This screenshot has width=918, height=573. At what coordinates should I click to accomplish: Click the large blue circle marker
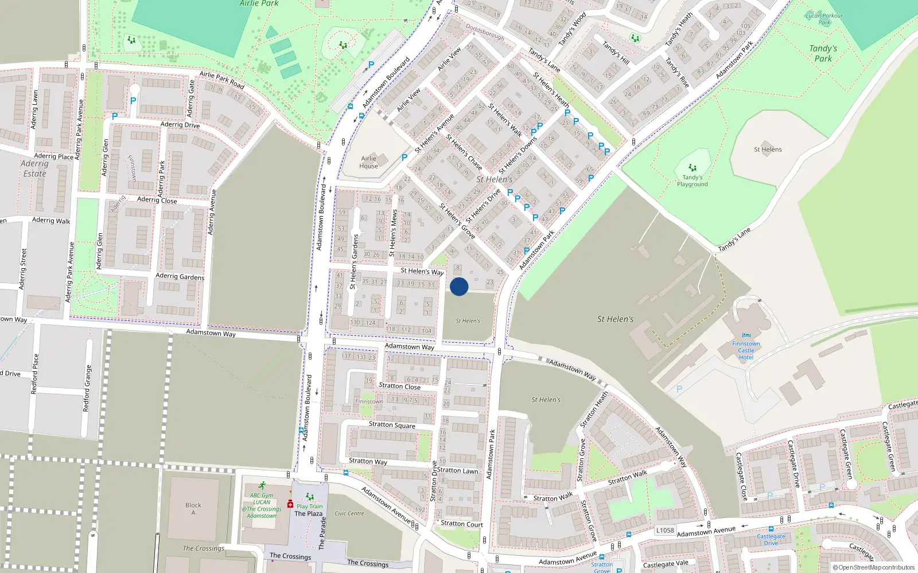459,286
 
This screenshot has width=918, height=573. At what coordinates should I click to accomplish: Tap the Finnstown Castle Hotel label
746,350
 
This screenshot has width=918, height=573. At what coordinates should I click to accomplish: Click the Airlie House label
369,162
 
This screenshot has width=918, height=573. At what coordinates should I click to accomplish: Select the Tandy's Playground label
692,181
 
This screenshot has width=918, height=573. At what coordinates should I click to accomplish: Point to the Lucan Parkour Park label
824,19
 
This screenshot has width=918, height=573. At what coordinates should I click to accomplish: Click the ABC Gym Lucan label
262,505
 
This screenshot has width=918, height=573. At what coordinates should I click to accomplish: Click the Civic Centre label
349,513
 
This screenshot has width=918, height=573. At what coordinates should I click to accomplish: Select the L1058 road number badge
665,531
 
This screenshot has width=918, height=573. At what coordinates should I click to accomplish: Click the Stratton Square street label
392,425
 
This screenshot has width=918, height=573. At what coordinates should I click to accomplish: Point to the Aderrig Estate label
34,168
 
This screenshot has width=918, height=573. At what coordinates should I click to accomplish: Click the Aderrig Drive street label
180,124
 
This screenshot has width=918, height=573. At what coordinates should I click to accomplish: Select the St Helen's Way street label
422,271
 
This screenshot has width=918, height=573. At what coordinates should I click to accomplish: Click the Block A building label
193,509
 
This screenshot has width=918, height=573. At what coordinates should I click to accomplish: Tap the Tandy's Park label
823,53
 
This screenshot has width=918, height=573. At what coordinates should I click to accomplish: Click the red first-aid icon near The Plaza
290,504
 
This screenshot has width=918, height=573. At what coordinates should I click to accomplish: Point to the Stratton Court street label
462,524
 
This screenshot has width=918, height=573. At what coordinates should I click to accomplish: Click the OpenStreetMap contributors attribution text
876,568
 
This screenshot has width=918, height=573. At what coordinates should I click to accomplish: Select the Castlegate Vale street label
666,564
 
